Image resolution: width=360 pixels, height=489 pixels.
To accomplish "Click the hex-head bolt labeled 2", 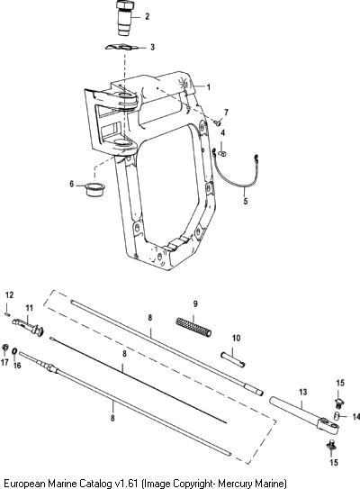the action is click(x=125, y=18).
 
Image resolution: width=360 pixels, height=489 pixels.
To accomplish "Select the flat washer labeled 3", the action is click(x=121, y=47).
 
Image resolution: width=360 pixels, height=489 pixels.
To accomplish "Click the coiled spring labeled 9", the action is click(x=193, y=327).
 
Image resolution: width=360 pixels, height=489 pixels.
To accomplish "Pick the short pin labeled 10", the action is click(x=233, y=359).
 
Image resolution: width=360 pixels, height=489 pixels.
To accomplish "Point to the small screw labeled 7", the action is click(x=217, y=122).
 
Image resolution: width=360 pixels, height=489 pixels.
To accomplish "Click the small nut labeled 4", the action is click(x=222, y=153).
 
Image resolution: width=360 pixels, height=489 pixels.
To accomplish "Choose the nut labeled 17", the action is click(x=4, y=348).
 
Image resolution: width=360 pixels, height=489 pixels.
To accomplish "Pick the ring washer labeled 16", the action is click(x=14, y=351).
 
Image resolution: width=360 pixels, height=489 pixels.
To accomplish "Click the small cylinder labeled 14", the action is click(x=336, y=416).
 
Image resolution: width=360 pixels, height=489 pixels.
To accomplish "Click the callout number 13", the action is click(x=303, y=392).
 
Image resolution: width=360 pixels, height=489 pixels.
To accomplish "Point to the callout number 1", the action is click(x=209, y=87).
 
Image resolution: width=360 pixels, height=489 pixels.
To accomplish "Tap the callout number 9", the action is click(x=195, y=303).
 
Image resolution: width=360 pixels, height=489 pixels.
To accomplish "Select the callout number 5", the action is click(x=246, y=201).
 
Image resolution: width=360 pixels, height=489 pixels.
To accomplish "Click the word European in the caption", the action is click(x=24, y=484).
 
